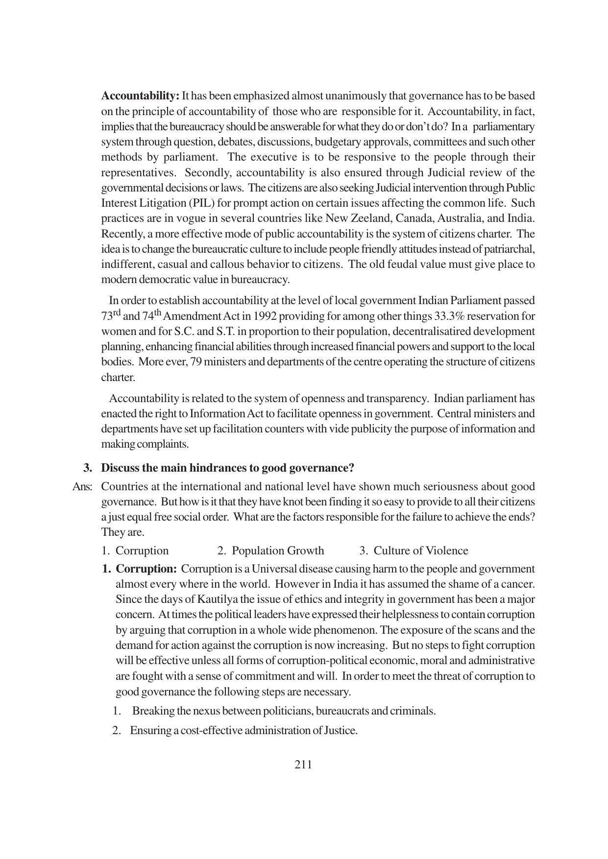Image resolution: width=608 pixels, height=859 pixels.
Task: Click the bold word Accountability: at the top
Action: click(x=140, y=95)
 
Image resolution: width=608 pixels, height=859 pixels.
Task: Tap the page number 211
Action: click(x=303, y=764)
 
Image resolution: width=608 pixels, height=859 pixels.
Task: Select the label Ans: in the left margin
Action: click(x=82, y=487)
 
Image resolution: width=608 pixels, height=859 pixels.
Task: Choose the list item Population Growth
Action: click(x=277, y=551)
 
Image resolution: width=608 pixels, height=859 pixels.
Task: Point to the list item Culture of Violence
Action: click(x=420, y=551)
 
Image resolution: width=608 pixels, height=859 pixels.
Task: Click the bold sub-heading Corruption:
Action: click(x=146, y=569)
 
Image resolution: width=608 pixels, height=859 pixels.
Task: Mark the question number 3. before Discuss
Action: click(x=88, y=468)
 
